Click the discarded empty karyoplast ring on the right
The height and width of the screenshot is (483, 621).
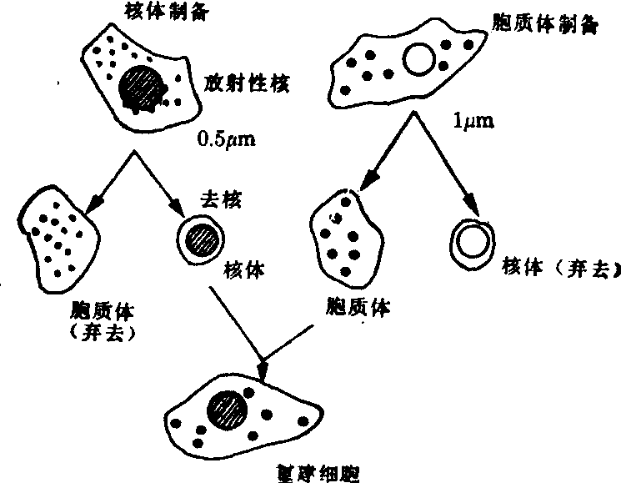[x=472, y=241]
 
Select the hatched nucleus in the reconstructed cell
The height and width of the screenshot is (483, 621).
[x=230, y=411]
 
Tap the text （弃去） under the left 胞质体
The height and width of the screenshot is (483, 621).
[x=105, y=331]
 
